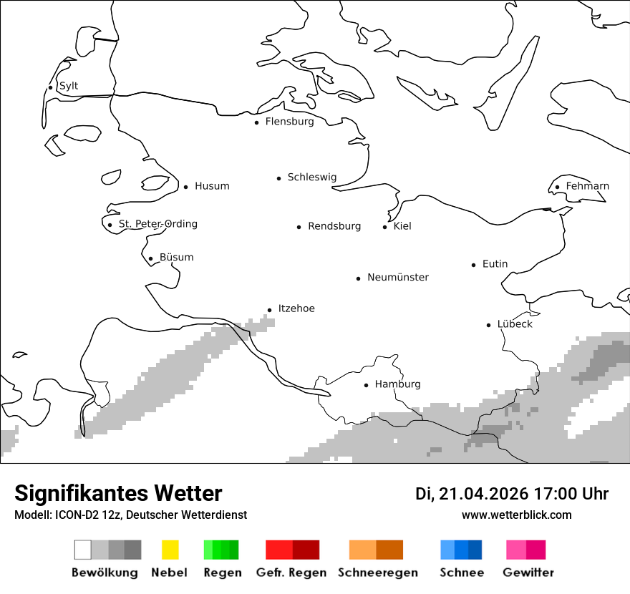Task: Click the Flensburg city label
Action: click(x=289, y=122)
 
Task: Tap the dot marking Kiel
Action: click(x=385, y=227)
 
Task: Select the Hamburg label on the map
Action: click(x=397, y=384)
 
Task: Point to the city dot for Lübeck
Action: click(x=489, y=325)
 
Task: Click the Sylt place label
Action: click(x=69, y=86)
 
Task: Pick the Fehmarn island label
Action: click(x=587, y=186)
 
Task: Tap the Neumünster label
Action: click(x=398, y=277)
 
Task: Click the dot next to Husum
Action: click(x=185, y=187)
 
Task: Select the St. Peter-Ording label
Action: click(x=157, y=224)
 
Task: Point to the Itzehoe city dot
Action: click(x=270, y=310)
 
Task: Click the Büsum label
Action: click(x=176, y=257)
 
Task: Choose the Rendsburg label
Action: click(x=334, y=226)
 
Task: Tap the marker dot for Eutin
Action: click(x=474, y=265)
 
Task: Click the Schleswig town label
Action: click(x=311, y=177)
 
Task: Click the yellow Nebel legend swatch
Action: click(x=170, y=550)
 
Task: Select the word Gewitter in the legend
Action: click(x=528, y=573)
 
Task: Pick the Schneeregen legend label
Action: click(x=378, y=573)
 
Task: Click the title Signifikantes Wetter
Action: click(x=118, y=493)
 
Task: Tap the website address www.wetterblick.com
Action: click(x=516, y=515)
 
